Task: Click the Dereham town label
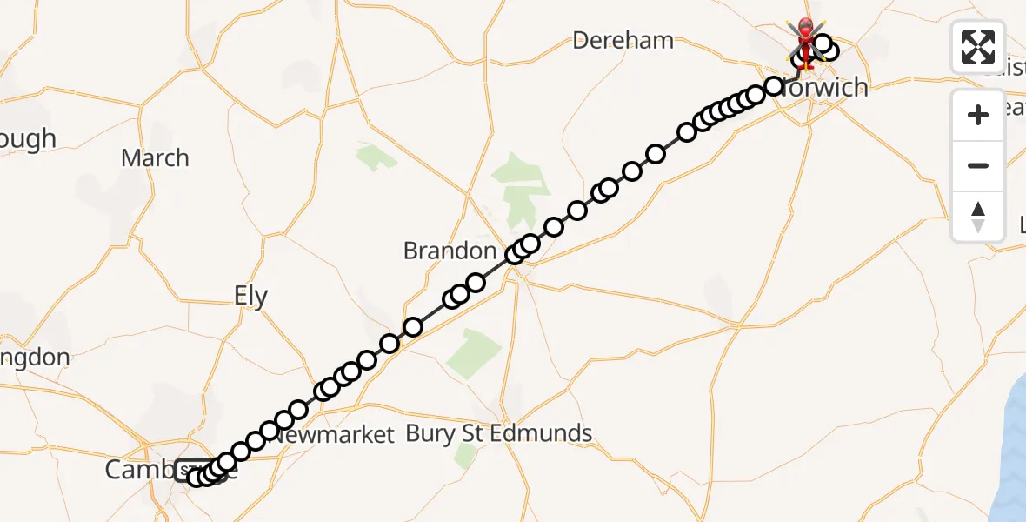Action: coord(623,40)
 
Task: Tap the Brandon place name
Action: coord(450,251)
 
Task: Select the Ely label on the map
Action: coord(251,296)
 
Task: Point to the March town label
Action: coord(155,158)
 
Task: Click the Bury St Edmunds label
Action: coord(499,433)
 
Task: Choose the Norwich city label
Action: coord(824,87)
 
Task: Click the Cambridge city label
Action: coord(139,470)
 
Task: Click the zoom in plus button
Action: coord(978,115)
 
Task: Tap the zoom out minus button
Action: coord(978,165)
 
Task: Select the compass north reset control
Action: coord(978,217)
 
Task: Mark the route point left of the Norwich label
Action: coord(774,85)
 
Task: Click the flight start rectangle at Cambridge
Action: coord(193,471)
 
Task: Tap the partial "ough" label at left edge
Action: coord(28,139)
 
